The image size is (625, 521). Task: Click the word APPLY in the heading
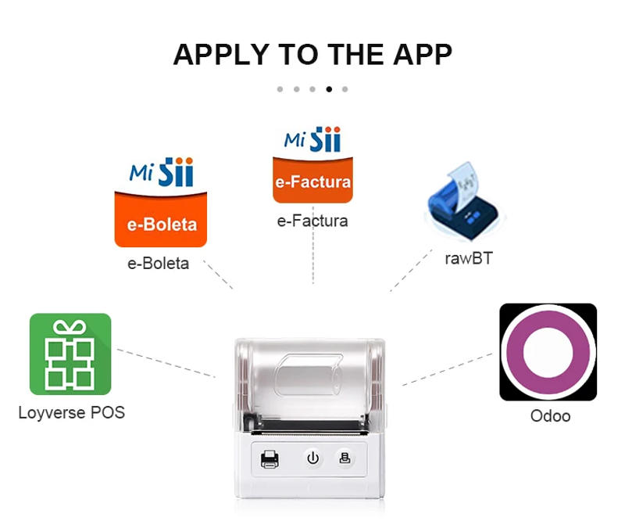point(220,55)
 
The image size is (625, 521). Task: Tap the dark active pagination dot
point(329,89)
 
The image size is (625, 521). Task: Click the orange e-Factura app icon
point(312,181)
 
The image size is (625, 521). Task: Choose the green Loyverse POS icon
point(70,354)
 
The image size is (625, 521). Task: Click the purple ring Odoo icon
point(548,352)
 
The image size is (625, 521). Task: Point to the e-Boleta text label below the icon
point(158,264)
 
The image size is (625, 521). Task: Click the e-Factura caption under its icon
point(312,221)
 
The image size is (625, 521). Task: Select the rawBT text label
point(469,257)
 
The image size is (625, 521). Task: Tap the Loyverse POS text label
point(71,412)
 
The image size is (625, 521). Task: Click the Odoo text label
point(550,416)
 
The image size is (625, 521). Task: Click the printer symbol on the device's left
point(270,459)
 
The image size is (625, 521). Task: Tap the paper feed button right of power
point(345,458)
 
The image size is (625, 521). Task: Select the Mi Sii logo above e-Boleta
point(161,172)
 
